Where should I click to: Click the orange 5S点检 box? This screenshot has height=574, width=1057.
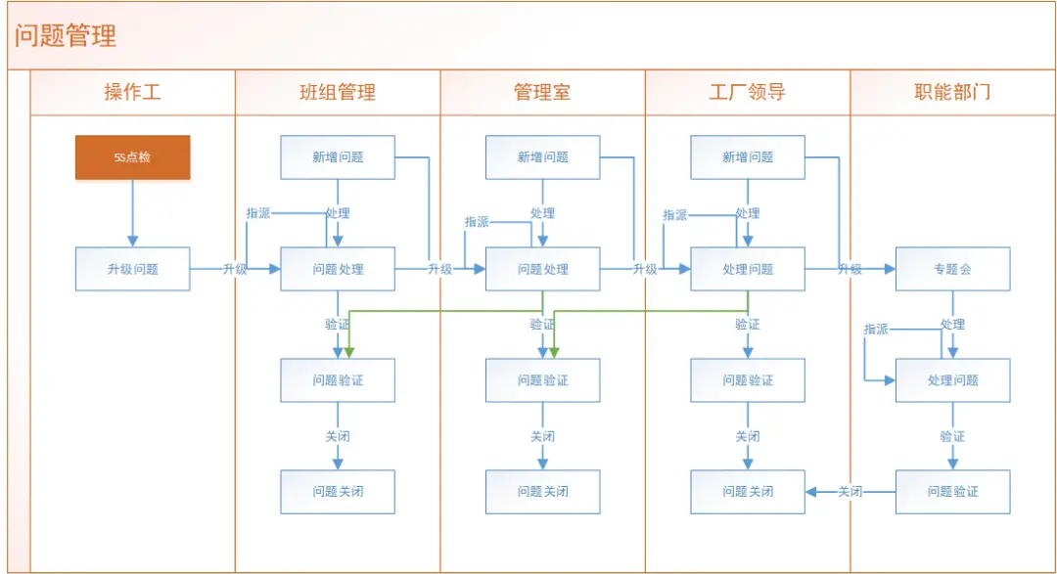pos(132,157)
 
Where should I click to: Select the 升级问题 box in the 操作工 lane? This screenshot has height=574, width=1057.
pos(132,269)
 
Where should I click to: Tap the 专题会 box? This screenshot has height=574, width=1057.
pos(952,269)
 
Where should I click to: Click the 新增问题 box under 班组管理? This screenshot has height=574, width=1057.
pos(338,157)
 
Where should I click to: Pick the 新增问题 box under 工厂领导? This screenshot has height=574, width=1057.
pos(748,157)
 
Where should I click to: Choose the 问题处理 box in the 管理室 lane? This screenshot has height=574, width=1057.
pos(542,269)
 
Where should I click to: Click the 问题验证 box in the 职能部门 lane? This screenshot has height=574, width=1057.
pos(952,491)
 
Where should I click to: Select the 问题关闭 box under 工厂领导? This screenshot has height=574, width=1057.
pos(748,491)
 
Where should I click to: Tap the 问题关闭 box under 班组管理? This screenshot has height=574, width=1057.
pos(338,491)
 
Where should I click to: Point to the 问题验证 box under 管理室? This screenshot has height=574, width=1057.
pos(542,380)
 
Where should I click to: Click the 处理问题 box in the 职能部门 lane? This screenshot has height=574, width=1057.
pos(952,380)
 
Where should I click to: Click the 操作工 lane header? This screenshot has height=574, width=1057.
pos(132,93)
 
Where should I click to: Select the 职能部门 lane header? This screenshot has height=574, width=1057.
pos(952,93)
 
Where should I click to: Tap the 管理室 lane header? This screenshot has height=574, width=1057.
pos(542,93)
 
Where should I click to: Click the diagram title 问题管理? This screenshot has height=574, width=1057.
pos(66,36)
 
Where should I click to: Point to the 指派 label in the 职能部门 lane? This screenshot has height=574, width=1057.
pos(876,330)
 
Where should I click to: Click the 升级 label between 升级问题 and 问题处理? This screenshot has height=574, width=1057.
pos(235,269)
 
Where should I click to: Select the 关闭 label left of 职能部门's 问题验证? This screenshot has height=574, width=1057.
pos(850,491)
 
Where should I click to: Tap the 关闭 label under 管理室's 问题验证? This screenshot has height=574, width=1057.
pos(542,436)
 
